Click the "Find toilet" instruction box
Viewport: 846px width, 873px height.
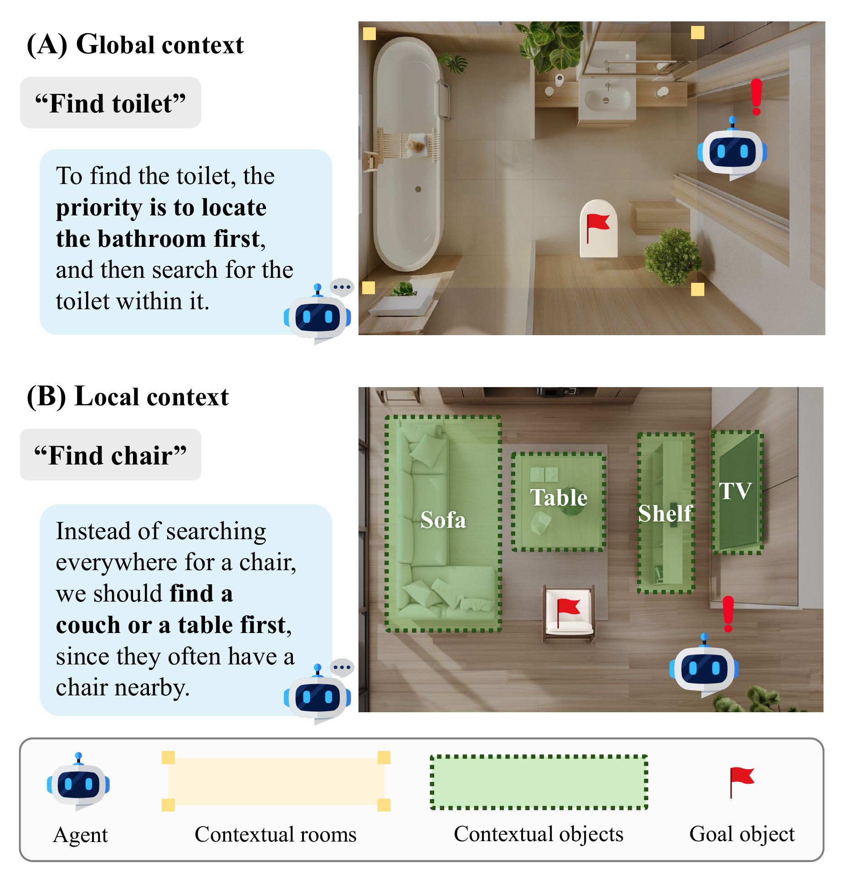click(110, 103)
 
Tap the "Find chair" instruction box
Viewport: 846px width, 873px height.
click(110, 455)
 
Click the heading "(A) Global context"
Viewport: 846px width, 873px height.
click(135, 45)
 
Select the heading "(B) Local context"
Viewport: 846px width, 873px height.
click(128, 397)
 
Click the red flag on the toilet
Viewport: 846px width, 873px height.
click(597, 225)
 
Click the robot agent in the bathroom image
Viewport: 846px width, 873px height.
click(732, 151)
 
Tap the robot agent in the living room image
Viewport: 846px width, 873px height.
click(704, 667)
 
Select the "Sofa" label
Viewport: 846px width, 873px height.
click(443, 520)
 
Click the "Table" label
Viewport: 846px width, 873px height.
click(559, 497)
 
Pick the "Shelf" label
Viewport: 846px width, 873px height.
click(665, 513)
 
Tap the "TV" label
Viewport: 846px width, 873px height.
click(735, 491)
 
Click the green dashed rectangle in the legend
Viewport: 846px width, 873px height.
click(538, 782)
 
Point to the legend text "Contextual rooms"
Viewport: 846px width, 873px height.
click(275, 834)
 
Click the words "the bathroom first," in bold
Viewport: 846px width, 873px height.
click(160, 239)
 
